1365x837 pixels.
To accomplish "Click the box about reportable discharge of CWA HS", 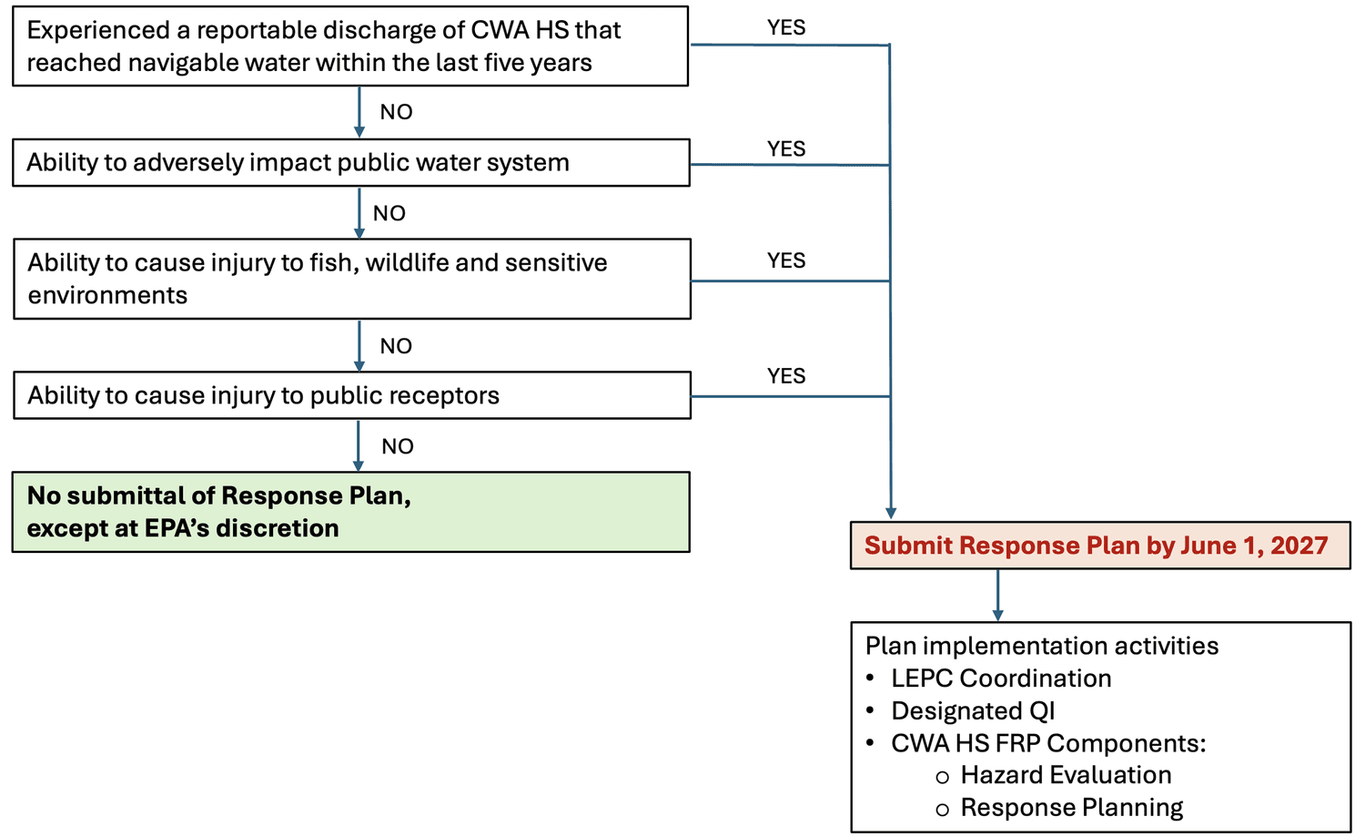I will [350, 46].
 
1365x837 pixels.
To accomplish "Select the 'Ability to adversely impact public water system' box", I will [350, 163].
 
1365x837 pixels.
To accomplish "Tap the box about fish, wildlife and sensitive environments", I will [351, 279].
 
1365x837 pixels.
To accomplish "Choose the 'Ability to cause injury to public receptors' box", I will [351, 395].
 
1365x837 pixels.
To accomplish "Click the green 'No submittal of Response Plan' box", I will [350, 512].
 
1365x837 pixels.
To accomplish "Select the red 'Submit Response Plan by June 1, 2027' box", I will [1099, 546].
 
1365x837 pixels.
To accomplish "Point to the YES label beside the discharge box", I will [786, 28].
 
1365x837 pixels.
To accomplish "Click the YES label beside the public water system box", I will [786, 149].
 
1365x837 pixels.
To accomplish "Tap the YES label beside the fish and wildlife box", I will [786, 261].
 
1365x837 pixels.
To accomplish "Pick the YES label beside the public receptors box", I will [786, 377].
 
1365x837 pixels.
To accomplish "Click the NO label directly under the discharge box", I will [396, 113].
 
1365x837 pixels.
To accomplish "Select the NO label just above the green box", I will [398, 447].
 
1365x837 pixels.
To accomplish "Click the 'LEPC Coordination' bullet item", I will [1001, 679].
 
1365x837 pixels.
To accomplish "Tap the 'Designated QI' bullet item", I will [973, 711].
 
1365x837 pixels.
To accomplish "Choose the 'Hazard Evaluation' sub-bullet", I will [1066, 775].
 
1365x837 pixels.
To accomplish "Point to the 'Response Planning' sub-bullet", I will [1072, 808].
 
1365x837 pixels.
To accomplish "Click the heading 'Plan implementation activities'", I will [1042, 646].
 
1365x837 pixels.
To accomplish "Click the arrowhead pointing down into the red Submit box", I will [891, 514].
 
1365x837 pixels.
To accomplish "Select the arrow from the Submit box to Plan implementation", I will [998, 597].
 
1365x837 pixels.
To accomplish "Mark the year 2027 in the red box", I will [1299, 546].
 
